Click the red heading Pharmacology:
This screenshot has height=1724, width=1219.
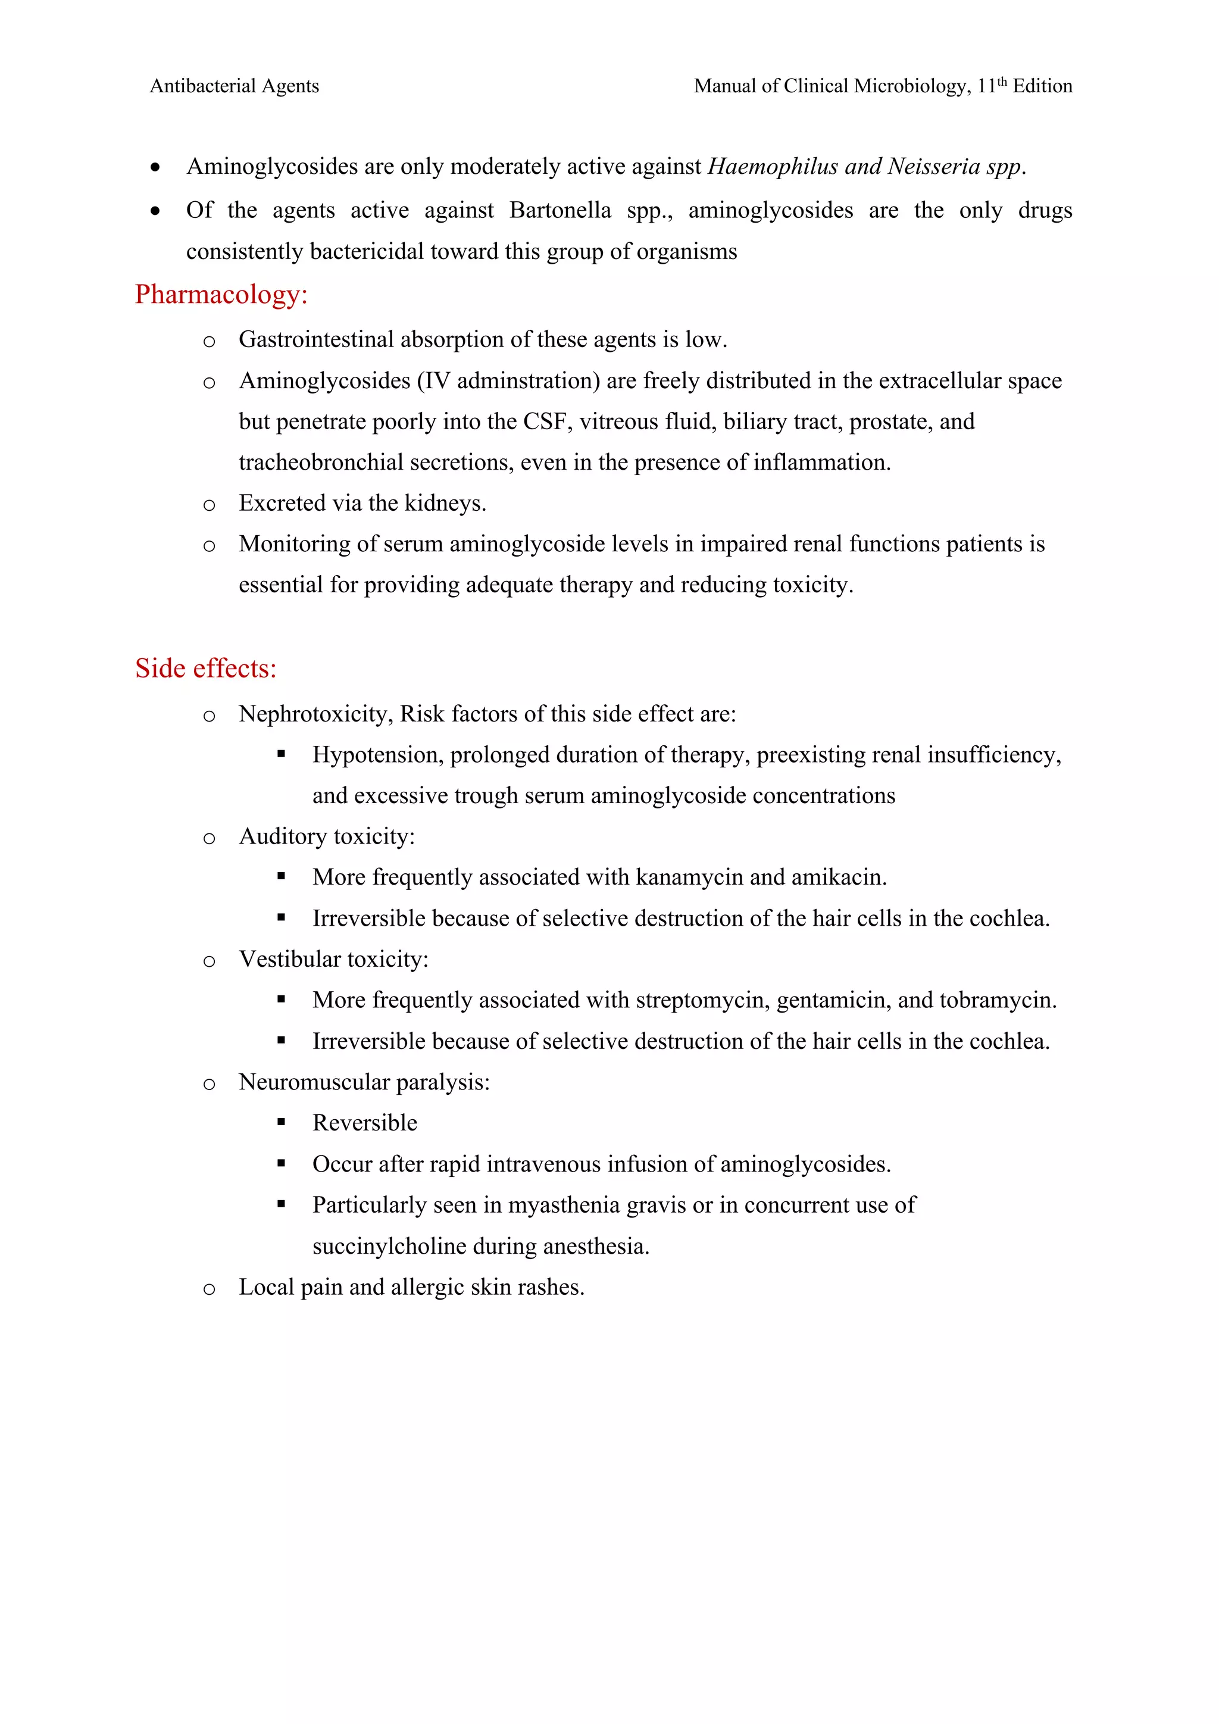pos(221,294)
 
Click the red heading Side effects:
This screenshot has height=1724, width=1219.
pos(206,669)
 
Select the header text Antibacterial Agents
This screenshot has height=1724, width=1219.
pos(234,86)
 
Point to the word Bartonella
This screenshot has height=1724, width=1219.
pos(560,210)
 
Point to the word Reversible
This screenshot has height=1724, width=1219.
pos(365,1123)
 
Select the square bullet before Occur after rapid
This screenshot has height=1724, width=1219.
pos(282,1163)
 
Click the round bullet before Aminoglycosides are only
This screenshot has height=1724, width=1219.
pos(155,167)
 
